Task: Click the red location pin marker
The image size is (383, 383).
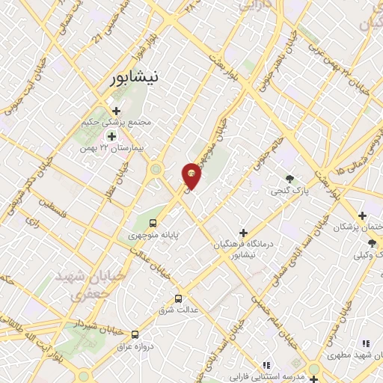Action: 191,175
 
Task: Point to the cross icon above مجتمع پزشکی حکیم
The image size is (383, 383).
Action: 116,111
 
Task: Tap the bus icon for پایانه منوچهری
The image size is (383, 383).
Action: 153,223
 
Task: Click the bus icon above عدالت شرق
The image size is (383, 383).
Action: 178,297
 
